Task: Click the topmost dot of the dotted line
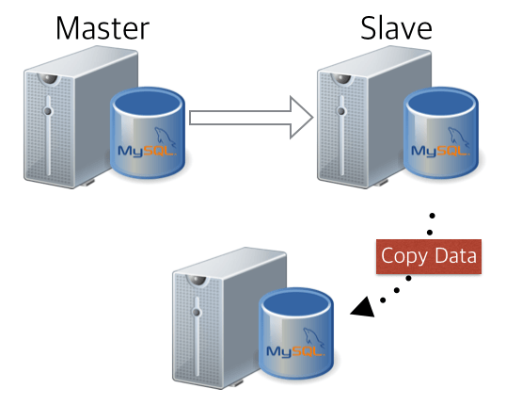pos(431,216)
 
